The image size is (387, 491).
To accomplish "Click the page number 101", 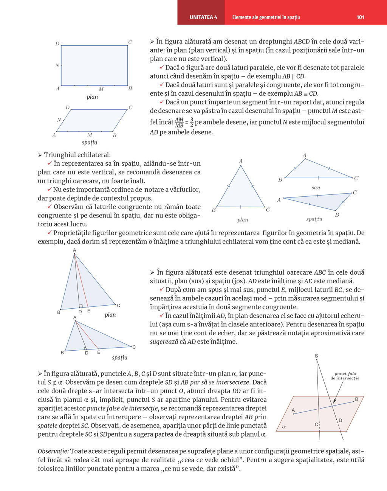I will point(360,17).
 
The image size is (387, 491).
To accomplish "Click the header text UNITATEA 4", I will point(203,17).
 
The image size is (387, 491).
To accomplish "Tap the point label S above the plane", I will point(316,356).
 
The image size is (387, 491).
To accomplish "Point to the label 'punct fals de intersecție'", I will point(345,376).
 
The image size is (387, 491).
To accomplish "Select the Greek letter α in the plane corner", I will point(284,427).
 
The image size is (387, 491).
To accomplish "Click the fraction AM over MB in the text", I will point(179,122).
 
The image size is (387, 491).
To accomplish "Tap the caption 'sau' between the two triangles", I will point(316,188).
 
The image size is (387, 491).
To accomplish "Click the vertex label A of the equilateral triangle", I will point(241,162).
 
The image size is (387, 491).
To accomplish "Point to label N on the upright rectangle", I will point(57,65).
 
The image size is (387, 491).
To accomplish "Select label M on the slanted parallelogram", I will point(90,135).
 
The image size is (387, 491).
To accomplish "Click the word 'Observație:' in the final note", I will point(53,451).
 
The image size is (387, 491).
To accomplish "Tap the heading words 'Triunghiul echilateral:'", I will point(77,155).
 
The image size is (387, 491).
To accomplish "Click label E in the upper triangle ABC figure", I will point(89,311).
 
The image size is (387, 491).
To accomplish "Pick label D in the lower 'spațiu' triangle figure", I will point(87,353).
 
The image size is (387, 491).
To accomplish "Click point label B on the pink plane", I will point(356,399).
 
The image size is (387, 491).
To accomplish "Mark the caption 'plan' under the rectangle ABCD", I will point(92,97).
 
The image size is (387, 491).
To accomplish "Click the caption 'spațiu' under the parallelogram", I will point(90,142).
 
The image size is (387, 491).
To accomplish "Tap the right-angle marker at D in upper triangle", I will point(80,306).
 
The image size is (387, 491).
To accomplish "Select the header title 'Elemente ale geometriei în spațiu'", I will point(266,17).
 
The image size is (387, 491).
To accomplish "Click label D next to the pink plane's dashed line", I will point(340,420).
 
